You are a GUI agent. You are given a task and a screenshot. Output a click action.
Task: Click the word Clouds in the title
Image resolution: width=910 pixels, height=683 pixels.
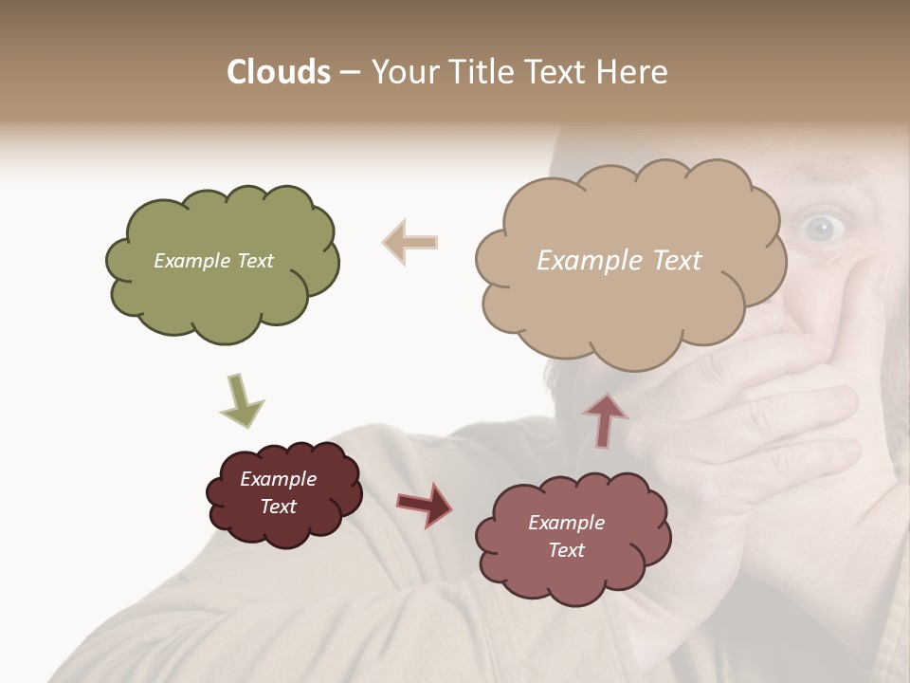pos(279,72)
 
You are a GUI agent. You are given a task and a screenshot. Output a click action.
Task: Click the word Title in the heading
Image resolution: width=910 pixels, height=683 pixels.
pos(477,72)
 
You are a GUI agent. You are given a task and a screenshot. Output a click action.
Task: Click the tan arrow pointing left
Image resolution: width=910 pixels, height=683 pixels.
pos(409,242)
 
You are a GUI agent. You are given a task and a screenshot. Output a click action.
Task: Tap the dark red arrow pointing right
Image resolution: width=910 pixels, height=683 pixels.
pos(424,505)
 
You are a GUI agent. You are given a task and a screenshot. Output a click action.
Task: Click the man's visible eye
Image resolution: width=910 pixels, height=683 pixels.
pos(820,226)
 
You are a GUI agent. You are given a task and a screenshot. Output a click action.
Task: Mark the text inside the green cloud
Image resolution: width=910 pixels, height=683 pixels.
pos(213,261)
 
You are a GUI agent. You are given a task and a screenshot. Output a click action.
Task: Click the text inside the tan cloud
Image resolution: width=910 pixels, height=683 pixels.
pos(619,261)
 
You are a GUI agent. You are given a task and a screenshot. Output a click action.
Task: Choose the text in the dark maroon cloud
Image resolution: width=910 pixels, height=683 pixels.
pos(278,492)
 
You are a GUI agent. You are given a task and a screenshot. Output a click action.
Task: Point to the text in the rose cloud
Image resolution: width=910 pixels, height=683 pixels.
pos(566,536)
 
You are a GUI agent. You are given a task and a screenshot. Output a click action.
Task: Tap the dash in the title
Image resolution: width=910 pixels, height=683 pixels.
pos(349,73)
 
